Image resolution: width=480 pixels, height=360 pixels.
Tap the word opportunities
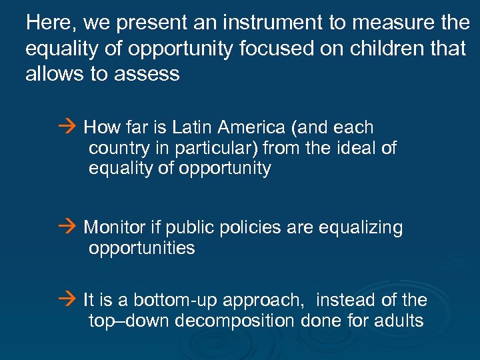(142, 249)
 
